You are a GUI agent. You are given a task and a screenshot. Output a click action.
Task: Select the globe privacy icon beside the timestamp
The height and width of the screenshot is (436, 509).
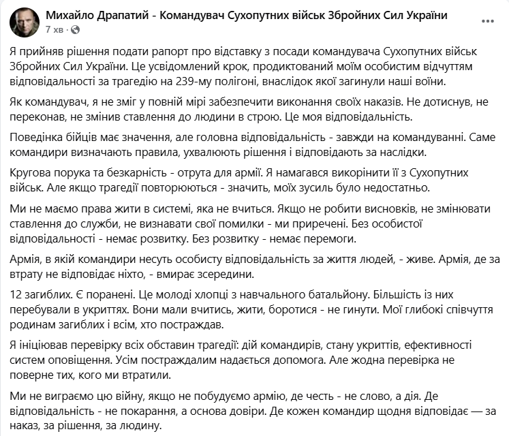tap(74, 31)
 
